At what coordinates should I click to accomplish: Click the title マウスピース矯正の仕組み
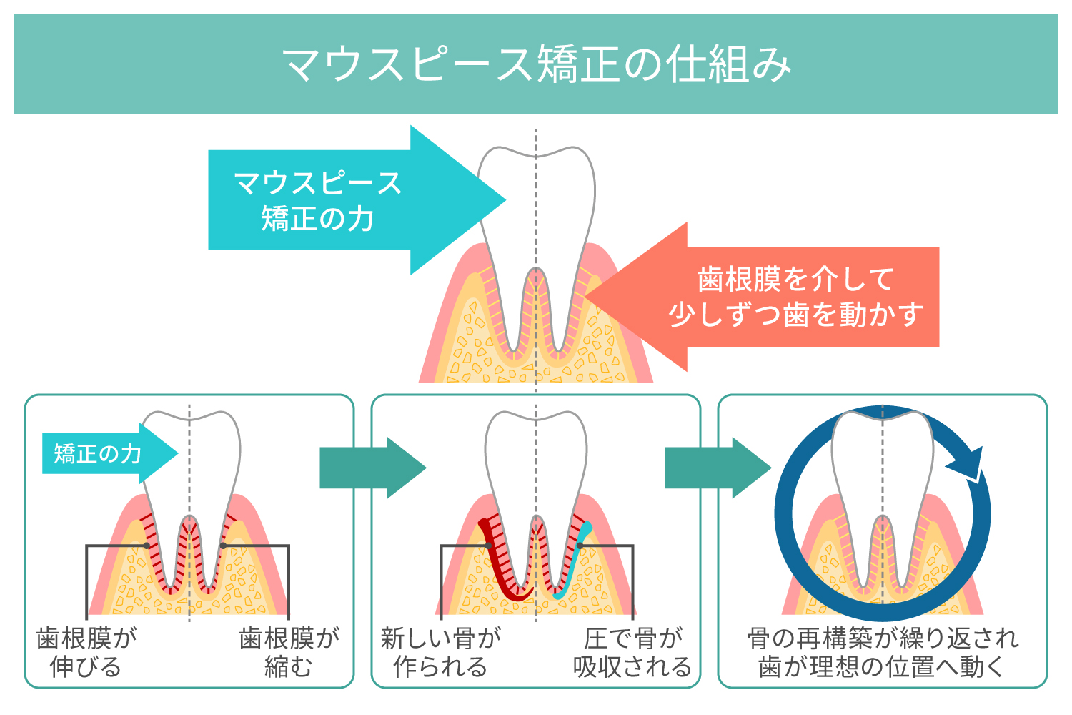pyautogui.click(x=536, y=64)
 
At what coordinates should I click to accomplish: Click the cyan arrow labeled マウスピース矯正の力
pyautogui.click(x=318, y=200)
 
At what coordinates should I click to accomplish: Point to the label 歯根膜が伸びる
pyautogui.click(x=86, y=652)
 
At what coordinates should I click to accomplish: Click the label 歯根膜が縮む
pyautogui.click(x=289, y=652)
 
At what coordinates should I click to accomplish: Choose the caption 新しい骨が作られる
pyautogui.click(x=440, y=652)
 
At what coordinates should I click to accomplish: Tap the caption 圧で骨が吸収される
pyautogui.click(x=632, y=652)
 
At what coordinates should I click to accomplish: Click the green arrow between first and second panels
pyautogui.click(x=372, y=468)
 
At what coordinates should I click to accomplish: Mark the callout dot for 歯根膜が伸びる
pyautogui.click(x=147, y=546)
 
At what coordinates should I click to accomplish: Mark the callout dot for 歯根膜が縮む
pyautogui.click(x=223, y=546)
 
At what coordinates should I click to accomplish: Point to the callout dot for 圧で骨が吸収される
pyautogui.click(x=580, y=546)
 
